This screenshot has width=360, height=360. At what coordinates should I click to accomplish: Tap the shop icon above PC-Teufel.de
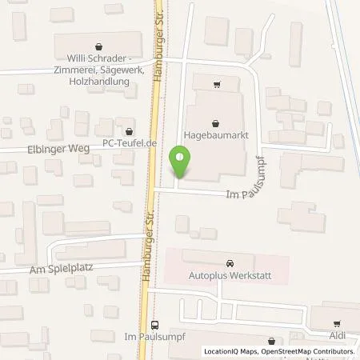129,130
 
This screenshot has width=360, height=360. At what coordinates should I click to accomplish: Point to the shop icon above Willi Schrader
98,46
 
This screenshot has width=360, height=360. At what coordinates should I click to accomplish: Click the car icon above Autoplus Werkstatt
230,262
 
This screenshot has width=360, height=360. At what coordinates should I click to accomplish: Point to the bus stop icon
154,326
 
